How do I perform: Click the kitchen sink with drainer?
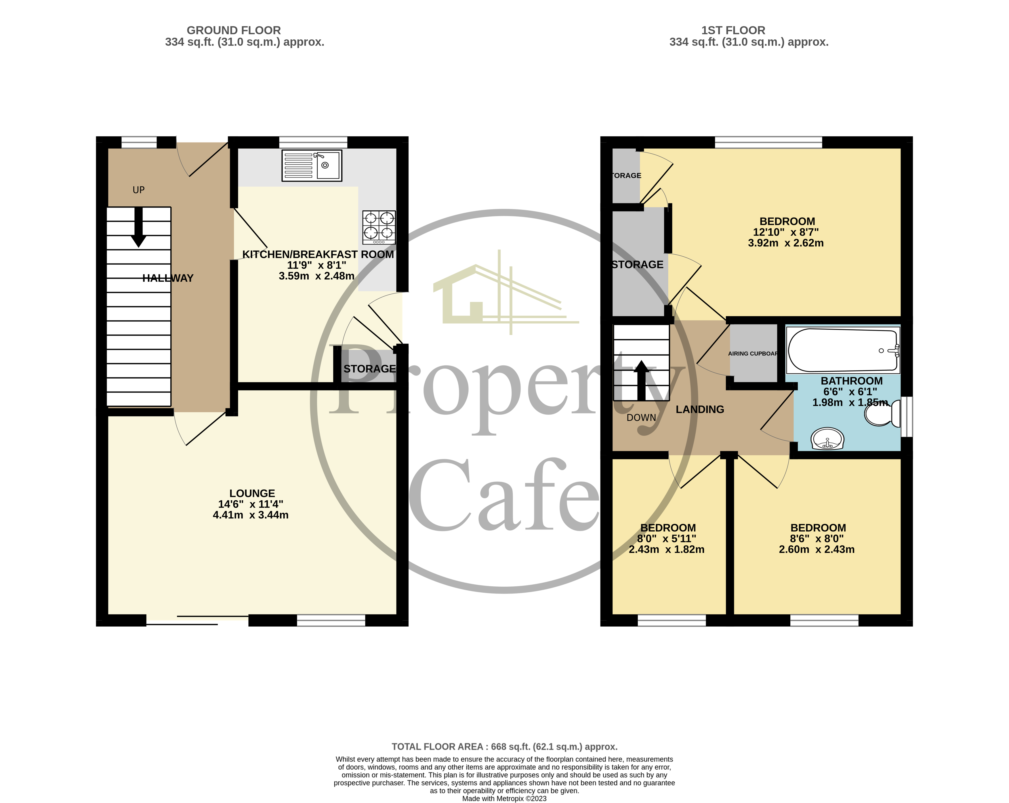pos(312,165)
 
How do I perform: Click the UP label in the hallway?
pos(138,190)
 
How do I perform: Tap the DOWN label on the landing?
pos(641,417)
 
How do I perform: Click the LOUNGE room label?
pos(252,493)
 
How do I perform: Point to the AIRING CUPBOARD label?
pos(753,353)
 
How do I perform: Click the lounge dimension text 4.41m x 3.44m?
pos(251,515)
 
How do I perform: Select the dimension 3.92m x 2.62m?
pos(786,243)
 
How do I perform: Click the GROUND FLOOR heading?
pos(234,30)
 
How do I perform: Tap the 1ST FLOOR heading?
pos(733,30)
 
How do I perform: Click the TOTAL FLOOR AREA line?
pos(505,747)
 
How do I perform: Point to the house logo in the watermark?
pos(506,293)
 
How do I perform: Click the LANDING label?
pos(700,409)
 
